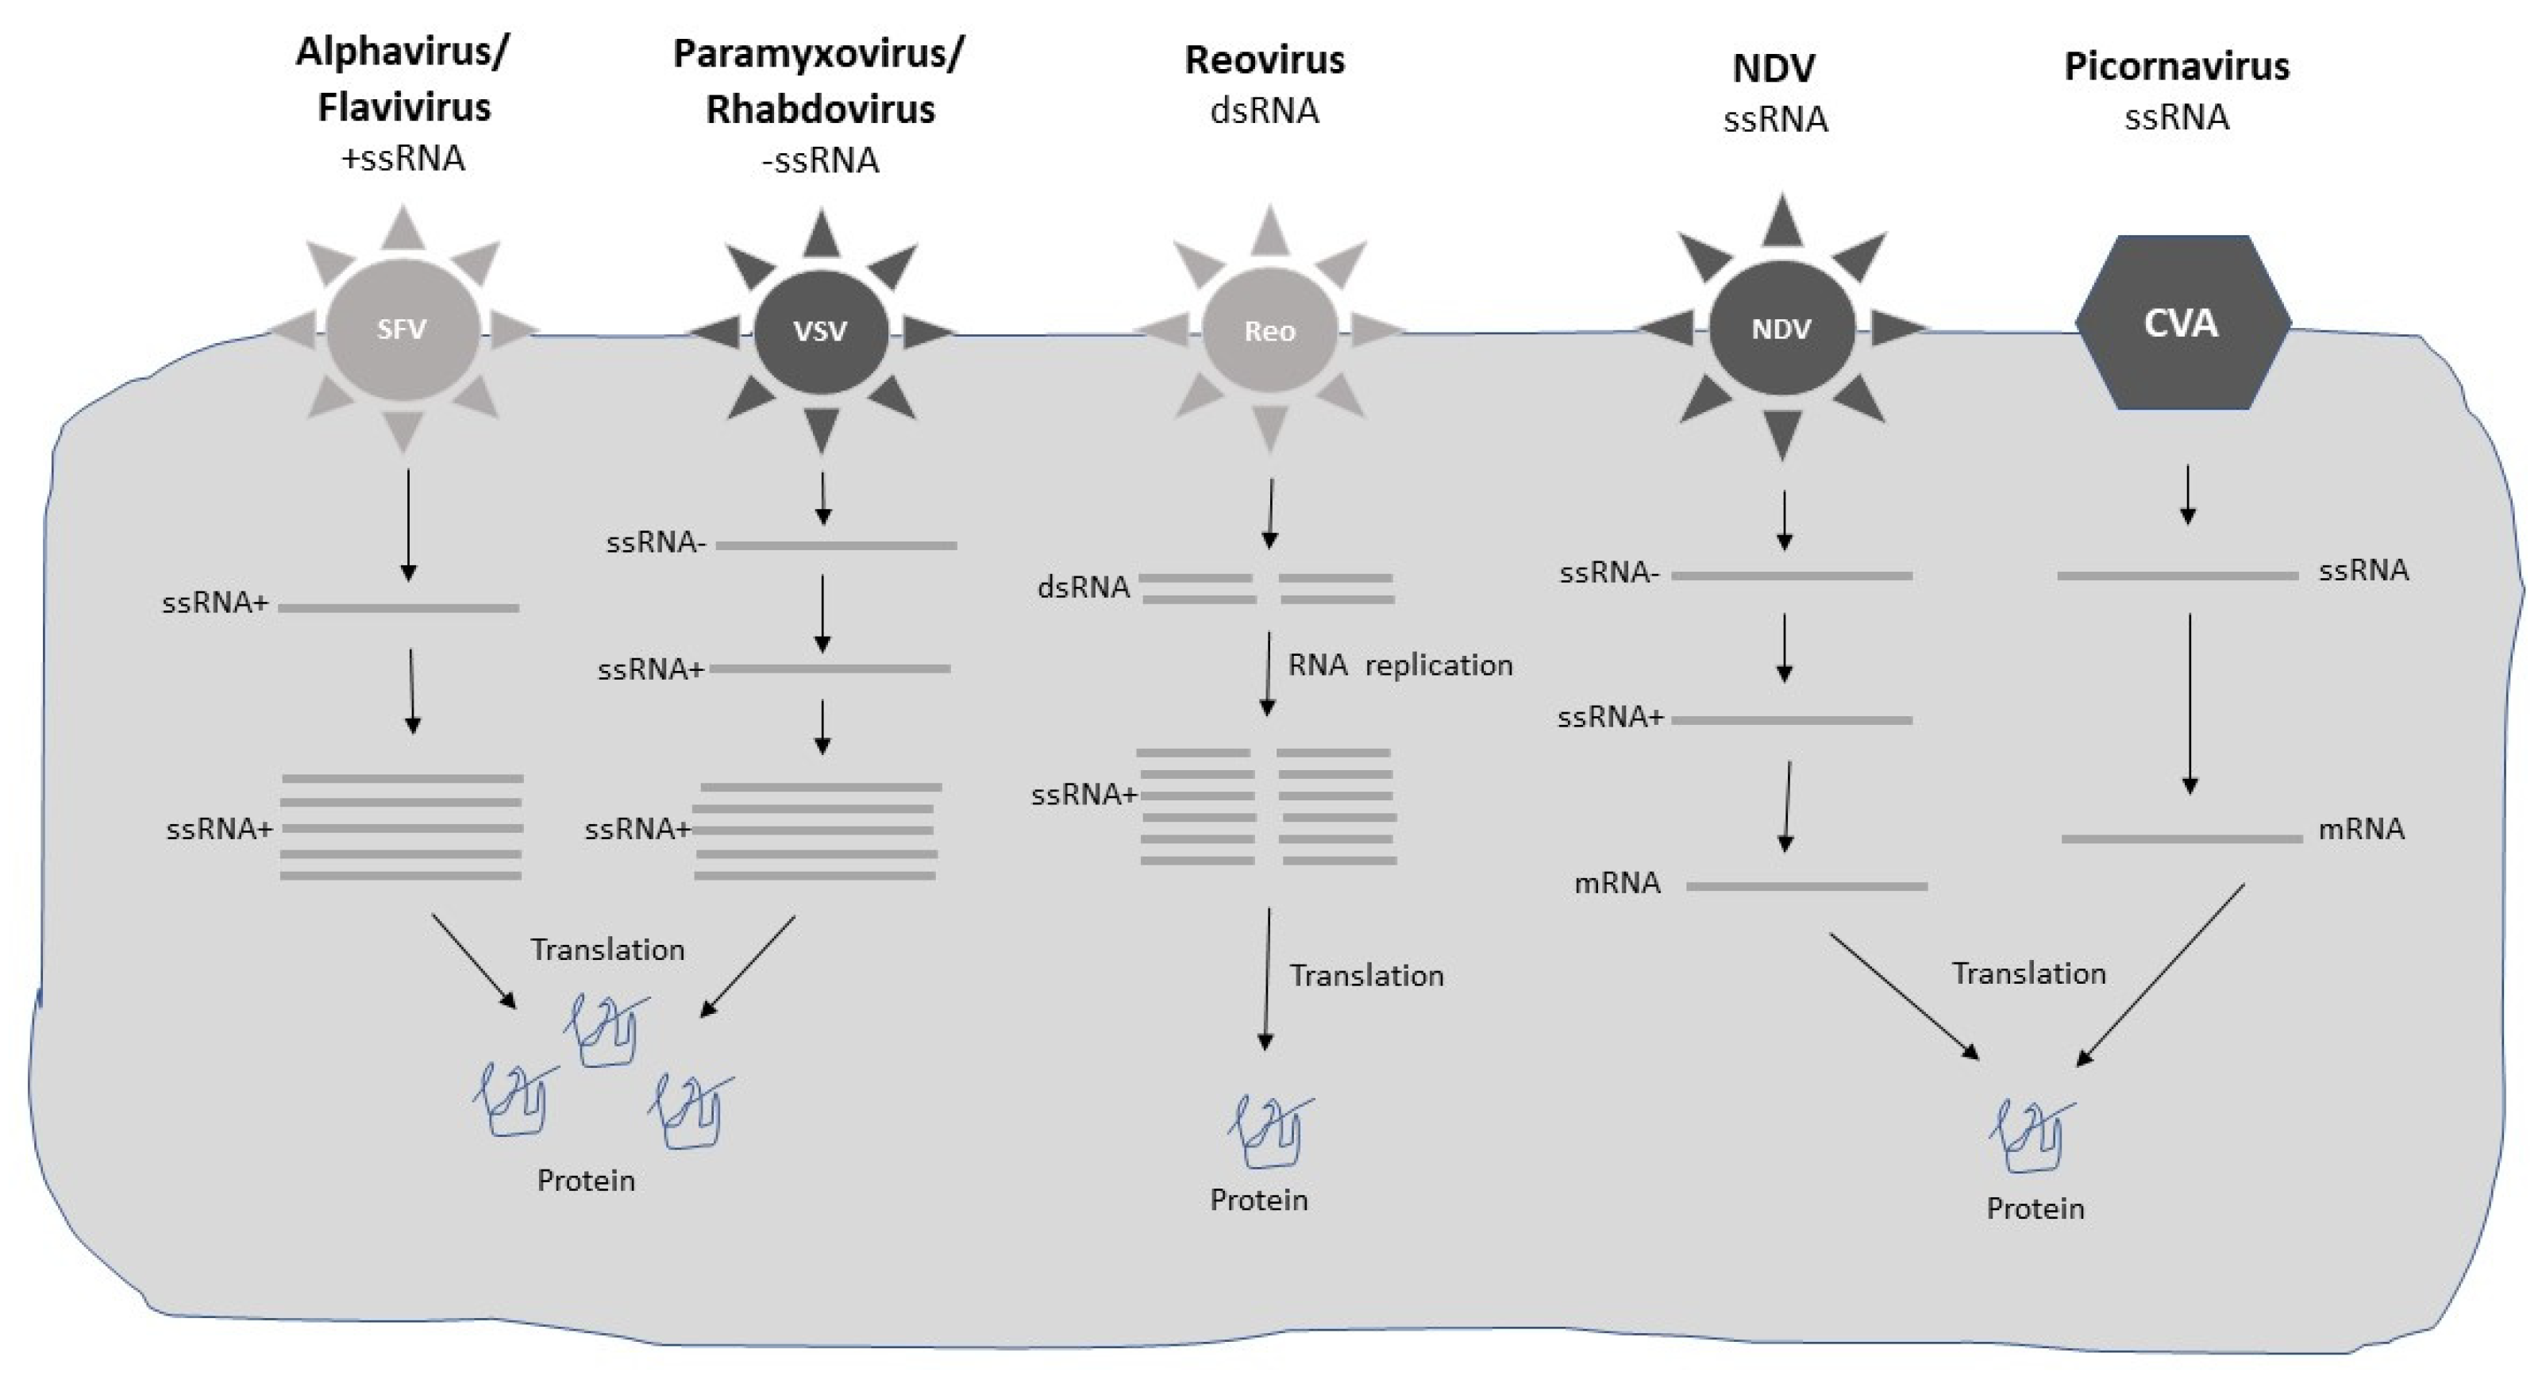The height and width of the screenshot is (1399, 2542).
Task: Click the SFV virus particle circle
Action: click(402, 330)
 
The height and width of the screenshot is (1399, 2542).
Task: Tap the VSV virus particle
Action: click(820, 330)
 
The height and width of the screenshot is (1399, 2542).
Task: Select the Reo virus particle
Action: click(1269, 330)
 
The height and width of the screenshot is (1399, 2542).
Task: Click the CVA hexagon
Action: click(2181, 324)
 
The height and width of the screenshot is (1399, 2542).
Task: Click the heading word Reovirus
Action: click(1264, 60)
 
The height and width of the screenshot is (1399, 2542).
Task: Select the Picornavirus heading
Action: click(2176, 66)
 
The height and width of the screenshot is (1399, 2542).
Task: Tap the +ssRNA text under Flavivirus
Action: click(402, 159)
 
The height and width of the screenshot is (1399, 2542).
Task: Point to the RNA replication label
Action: click(1400, 666)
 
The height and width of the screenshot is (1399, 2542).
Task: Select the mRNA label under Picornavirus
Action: click(2360, 830)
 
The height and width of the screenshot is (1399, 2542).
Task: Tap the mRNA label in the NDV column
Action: click(1616, 883)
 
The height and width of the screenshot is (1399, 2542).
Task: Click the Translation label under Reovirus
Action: click(1367, 976)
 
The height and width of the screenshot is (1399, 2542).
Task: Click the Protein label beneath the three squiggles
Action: click(585, 1180)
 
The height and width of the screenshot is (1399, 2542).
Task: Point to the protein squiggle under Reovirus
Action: click(1270, 1131)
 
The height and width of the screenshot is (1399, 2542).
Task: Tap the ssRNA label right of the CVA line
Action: click(2363, 570)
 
